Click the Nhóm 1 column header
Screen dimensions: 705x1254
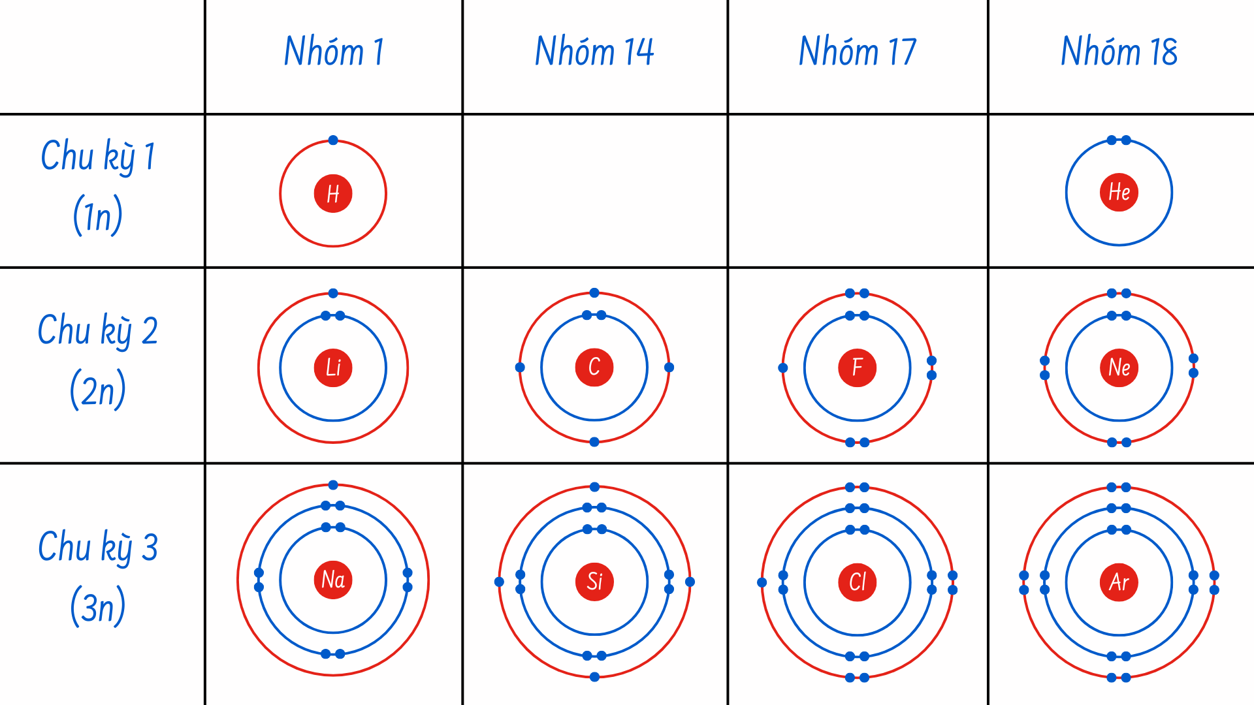[334, 52]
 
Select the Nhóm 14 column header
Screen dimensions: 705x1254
[594, 52]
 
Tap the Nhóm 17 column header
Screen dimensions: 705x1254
[858, 52]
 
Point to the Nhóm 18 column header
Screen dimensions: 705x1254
[1119, 52]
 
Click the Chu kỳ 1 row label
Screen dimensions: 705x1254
[98, 157]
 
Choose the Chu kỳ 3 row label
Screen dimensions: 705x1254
[98, 547]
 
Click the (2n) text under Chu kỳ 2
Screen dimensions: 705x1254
[98, 390]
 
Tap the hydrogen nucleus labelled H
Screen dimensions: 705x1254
[333, 194]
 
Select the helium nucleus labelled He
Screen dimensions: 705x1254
[1119, 193]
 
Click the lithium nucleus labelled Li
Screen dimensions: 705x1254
[333, 368]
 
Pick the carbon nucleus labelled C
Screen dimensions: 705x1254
[594, 367]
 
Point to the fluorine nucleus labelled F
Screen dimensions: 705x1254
[857, 368]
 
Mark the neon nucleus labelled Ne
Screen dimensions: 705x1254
[1119, 368]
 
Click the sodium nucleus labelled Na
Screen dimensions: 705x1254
[333, 580]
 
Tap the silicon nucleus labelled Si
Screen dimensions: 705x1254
[594, 581]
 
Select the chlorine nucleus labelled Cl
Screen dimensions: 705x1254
[857, 582]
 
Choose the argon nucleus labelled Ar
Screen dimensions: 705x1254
[1119, 582]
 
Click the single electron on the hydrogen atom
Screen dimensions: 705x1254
[333, 140]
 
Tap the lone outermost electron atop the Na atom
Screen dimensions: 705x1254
[333, 485]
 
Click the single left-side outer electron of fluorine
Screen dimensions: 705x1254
[783, 368]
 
